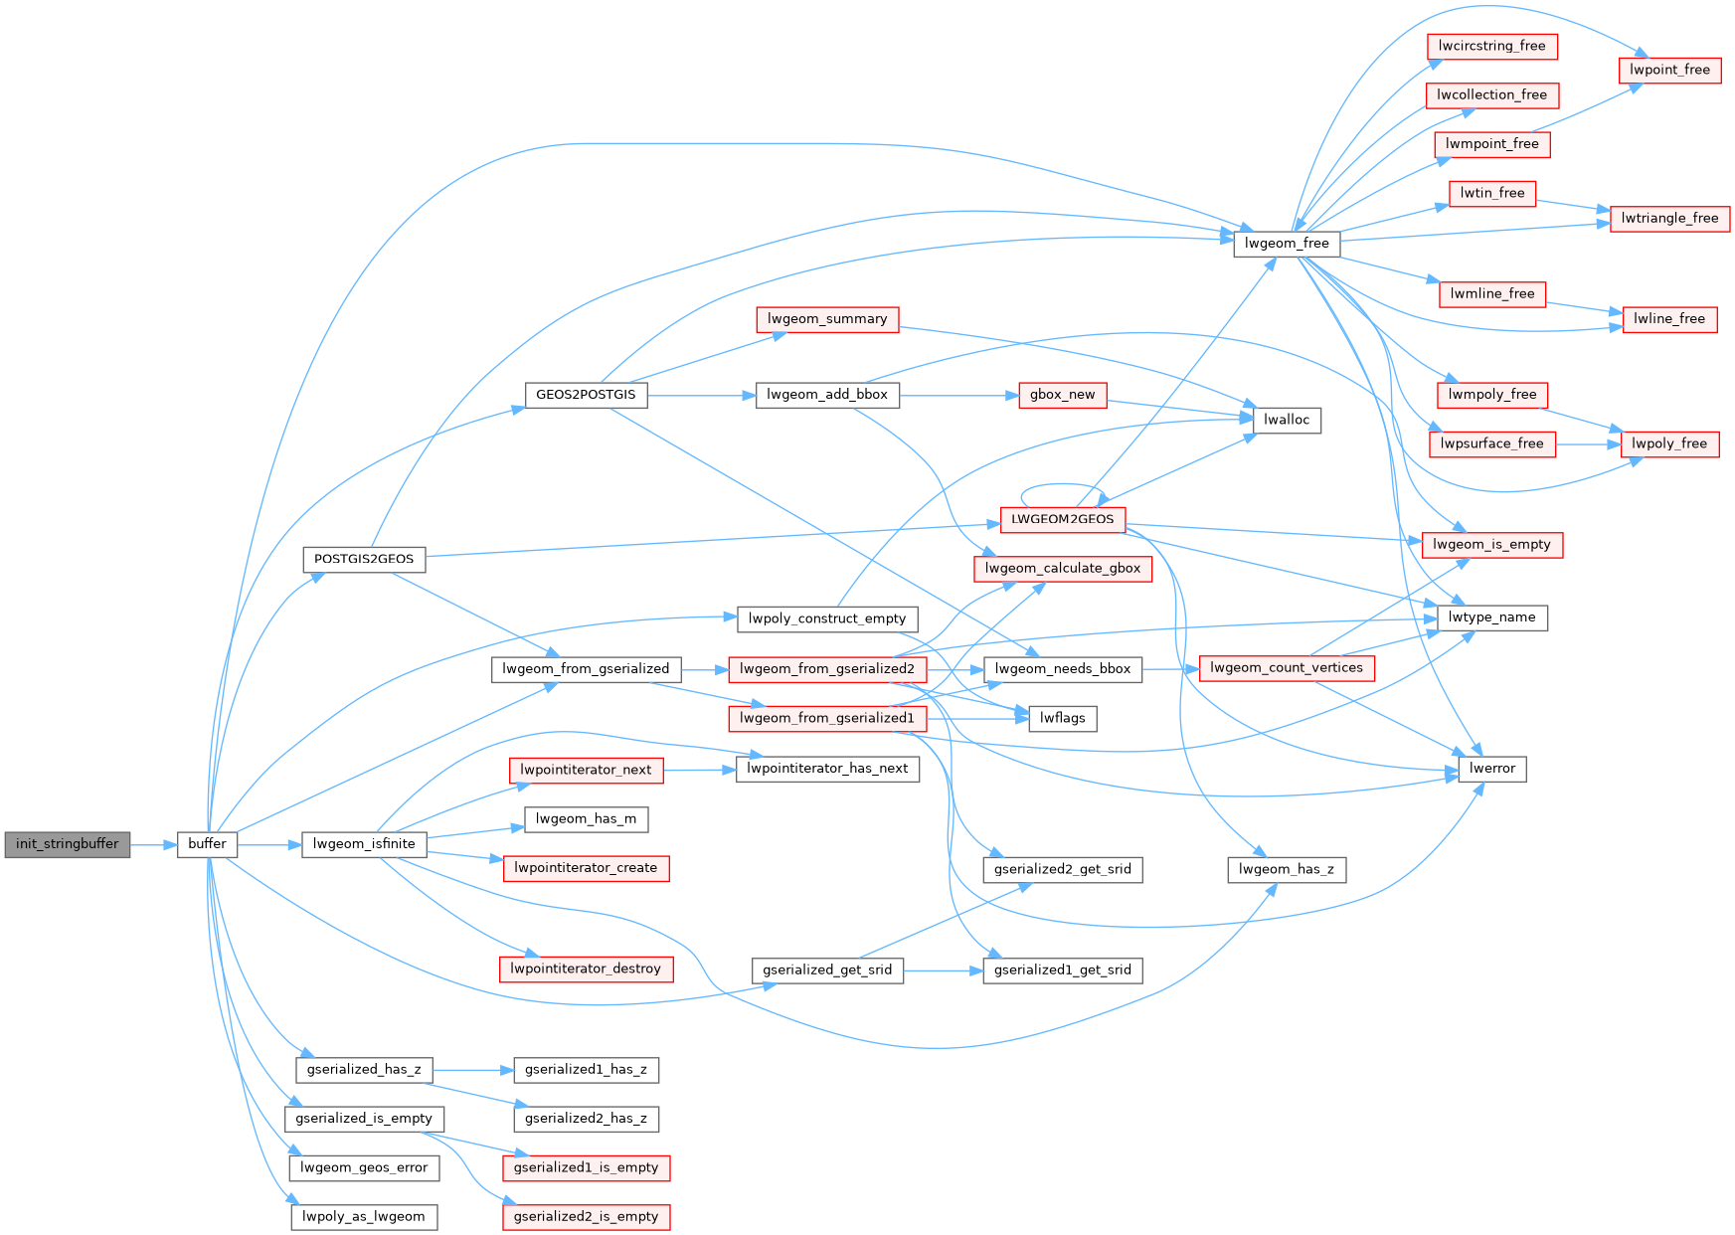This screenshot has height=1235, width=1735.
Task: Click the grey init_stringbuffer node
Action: (67, 844)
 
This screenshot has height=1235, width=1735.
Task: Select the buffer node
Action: (207, 844)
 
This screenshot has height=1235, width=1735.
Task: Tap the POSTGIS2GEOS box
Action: (364, 559)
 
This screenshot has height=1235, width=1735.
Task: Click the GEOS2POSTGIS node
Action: (586, 395)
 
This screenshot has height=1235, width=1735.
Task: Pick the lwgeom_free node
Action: (1287, 244)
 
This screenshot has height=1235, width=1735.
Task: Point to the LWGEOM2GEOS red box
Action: (1062, 519)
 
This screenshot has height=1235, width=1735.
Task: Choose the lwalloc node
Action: (1287, 420)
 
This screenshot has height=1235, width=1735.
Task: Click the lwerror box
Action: (1492, 769)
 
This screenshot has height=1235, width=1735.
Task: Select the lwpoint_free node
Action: (1669, 71)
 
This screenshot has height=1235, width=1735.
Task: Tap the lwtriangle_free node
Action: (1669, 219)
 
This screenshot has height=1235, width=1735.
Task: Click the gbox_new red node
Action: (1062, 395)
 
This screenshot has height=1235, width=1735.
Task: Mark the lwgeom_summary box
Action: (827, 319)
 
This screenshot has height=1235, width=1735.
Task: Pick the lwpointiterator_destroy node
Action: (586, 969)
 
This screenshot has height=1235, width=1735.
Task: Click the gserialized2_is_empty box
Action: (586, 1216)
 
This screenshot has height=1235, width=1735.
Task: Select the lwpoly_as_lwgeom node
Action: (364, 1216)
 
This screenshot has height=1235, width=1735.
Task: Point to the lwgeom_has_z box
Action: (1287, 869)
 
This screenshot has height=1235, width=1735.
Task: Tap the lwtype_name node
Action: (1491, 617)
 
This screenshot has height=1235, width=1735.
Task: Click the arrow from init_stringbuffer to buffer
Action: (153, 845)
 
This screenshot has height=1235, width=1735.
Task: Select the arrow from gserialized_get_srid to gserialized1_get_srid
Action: (943, 970)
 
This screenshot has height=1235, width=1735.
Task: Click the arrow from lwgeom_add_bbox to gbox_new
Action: (958, 396)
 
